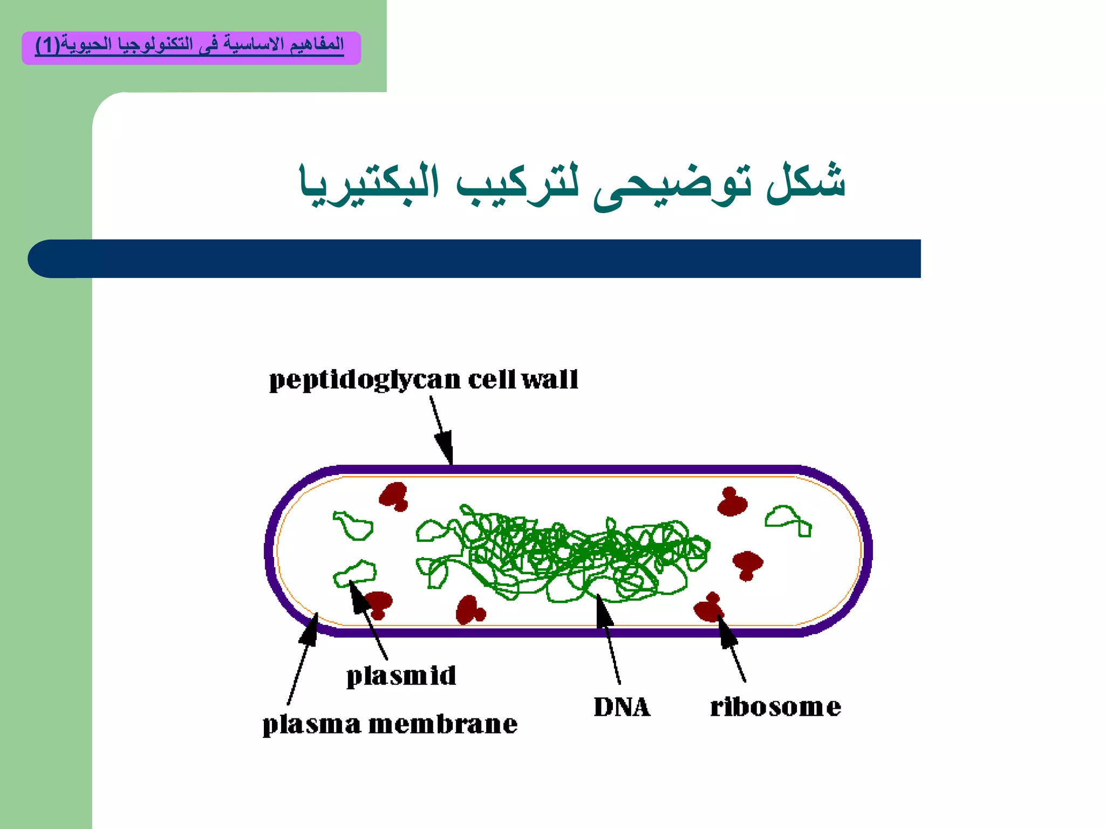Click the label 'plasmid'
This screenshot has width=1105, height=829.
[x=401, y=676]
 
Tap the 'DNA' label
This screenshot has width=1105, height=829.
[x=622, y=707]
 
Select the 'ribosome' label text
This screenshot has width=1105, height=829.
[x=775, y=707]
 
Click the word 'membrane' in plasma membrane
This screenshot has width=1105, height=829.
[x=442, y=724]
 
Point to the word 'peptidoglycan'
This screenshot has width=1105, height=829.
[x=365, y=380]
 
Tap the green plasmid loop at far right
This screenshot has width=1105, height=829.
[x=788, y=520]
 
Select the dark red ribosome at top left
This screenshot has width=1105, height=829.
[x=394, y=496]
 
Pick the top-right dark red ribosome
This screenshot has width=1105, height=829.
[x=732, y=502]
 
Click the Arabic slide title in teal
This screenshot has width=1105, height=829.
[x=572, y=184]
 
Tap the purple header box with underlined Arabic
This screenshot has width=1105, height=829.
[x=191, y=48]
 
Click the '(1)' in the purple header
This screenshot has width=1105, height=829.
[x=47, y=45]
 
